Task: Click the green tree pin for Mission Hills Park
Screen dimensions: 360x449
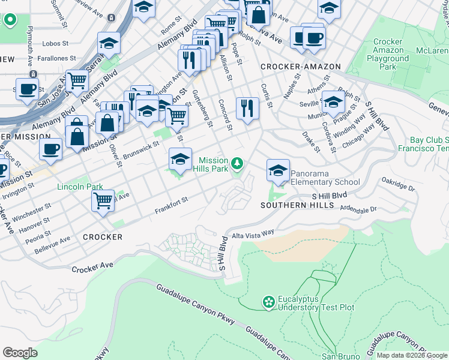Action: coord(238,163)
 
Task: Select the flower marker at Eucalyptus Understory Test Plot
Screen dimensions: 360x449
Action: coord(269,301)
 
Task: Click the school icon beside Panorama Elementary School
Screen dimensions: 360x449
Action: coord(278,172)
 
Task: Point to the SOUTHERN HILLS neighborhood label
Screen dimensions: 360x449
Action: coord(297,205)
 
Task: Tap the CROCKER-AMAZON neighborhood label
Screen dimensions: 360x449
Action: coord(300,67)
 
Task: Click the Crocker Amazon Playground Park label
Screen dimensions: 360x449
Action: coord(388,55)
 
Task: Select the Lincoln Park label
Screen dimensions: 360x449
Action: coord(80,187)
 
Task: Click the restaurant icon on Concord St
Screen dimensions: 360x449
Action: coord(247,109)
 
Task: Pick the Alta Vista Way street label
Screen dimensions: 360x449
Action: coord(253,232)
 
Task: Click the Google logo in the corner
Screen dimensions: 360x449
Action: coord(20,352)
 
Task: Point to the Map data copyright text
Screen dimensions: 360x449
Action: coord(412,356)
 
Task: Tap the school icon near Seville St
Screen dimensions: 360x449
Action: coord(333,102)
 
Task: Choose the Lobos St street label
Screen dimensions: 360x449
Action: coord(59,44)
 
